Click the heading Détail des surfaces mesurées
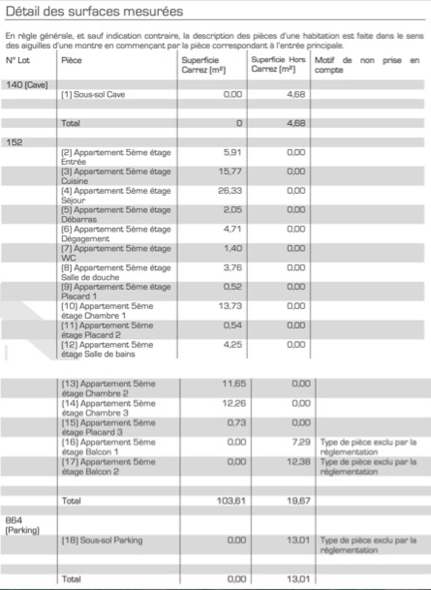click(94, 11)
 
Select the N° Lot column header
click(18, 61)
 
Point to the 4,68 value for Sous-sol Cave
click(296, 94)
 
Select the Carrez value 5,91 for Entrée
click(232, 152)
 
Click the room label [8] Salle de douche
click(116, 273)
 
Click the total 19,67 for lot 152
click(298, 500)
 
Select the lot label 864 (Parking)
click(22, 525)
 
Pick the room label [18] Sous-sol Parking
click(102, 540)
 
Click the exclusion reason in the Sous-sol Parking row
click(368, 545)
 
